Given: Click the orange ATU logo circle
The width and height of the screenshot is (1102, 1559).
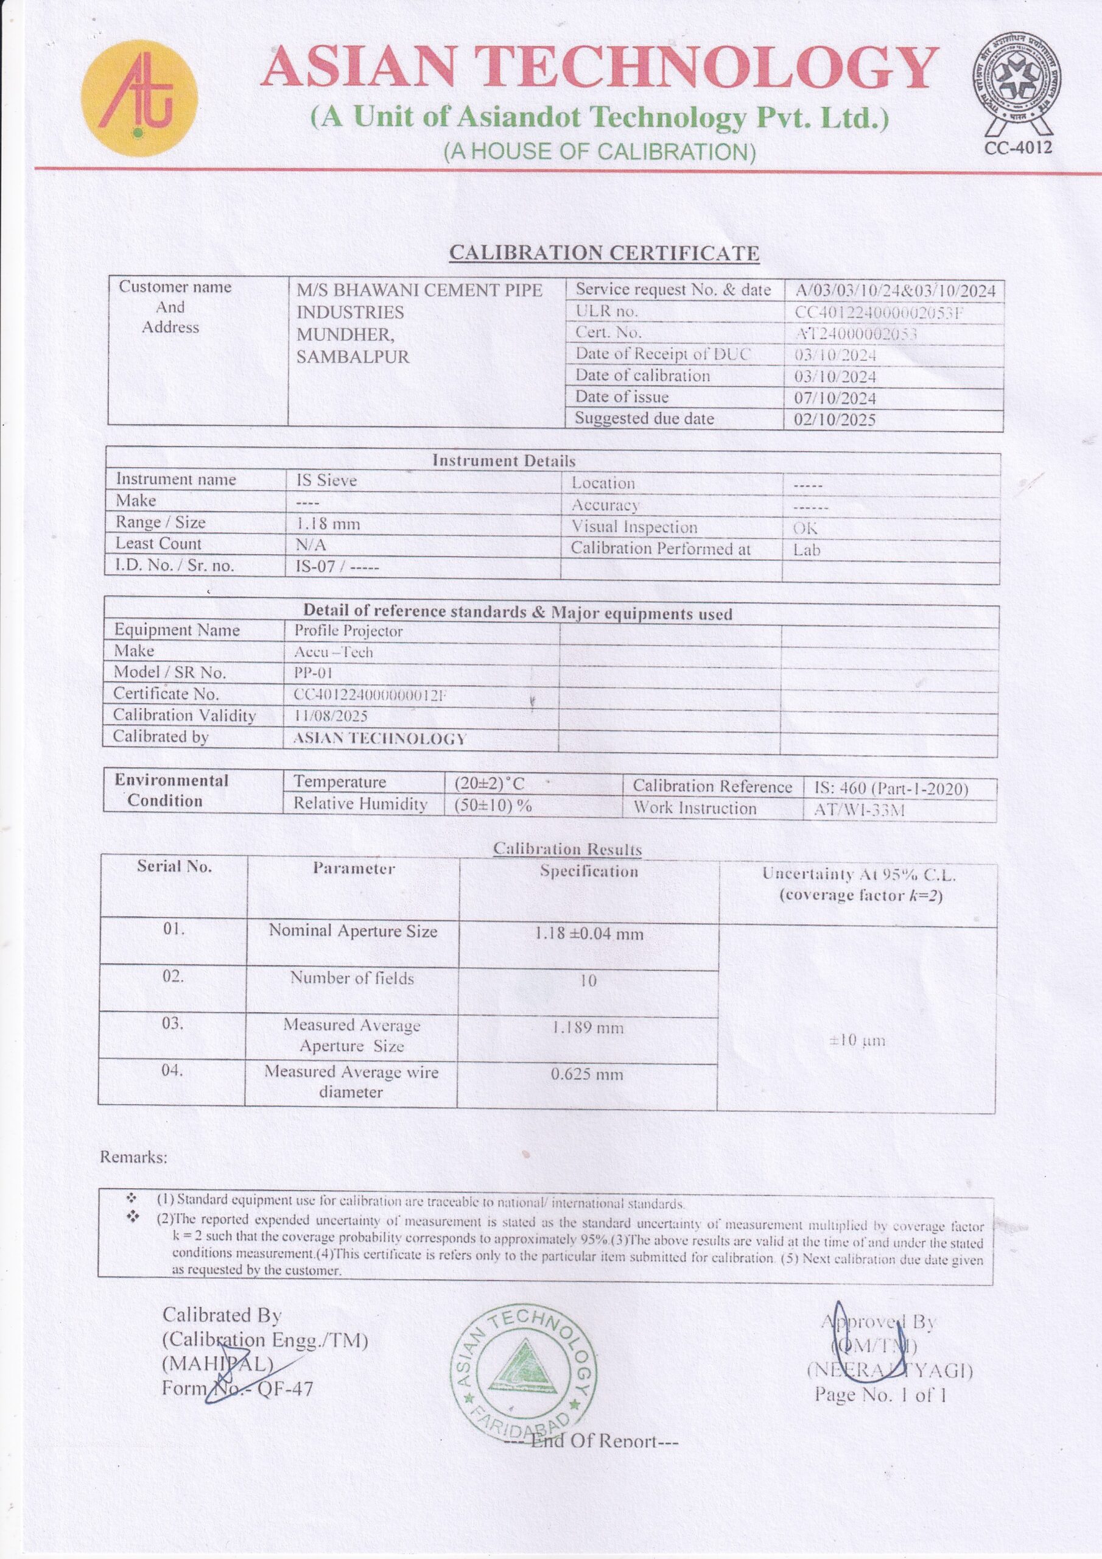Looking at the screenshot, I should point(139,99).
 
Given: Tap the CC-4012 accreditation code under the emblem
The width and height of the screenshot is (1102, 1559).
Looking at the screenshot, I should point(1018,147).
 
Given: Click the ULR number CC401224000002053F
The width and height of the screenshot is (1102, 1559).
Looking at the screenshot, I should point(880,312).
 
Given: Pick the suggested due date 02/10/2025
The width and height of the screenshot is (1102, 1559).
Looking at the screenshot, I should point(835,420).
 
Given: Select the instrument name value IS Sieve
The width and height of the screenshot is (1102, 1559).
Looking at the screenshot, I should point(326,480).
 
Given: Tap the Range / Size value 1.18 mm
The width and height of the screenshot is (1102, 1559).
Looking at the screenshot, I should point(328,524).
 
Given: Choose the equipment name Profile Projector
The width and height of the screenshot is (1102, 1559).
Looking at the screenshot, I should point(348,631).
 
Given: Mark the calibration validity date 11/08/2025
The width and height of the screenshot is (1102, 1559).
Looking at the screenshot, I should point(331,716).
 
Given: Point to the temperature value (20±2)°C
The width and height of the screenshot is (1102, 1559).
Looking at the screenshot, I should point(489,784).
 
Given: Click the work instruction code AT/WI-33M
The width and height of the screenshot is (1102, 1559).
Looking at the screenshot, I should point(859,810).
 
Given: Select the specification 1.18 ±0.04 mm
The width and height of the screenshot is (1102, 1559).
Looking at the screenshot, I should point(589,934).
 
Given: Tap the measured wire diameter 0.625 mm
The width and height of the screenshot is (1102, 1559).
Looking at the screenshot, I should point(587,1074).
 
